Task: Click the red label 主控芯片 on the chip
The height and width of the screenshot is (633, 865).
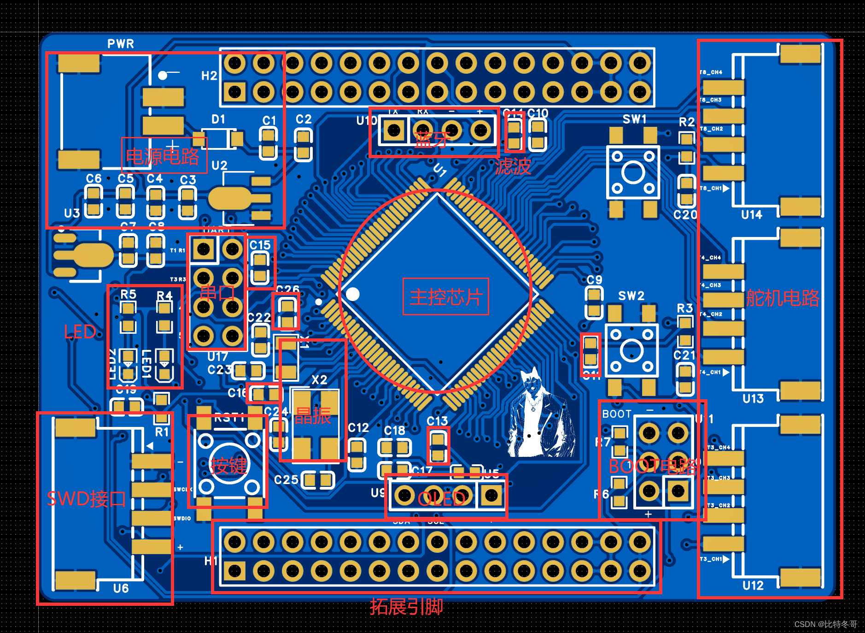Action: (x=445, y=296)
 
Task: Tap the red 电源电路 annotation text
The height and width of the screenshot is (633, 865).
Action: (x=163, y=156)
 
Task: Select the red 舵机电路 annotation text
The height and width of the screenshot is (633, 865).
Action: (x=783, y=298)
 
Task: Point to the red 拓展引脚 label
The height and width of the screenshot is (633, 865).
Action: (x=406, y=606)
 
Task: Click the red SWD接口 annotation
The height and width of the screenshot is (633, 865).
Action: (x=86, y=499)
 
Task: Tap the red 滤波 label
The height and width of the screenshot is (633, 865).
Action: (x=513, y=166)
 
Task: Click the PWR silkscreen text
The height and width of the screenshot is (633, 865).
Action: (x=121, y=44)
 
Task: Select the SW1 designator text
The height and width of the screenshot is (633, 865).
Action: (x=634, y=119)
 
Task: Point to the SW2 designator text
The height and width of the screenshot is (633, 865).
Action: (x=631, y=296)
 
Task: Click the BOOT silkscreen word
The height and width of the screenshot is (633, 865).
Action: (x=617, y=414)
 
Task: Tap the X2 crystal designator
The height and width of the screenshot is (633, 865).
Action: (x=319, y=380)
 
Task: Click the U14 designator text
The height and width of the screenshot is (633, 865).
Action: (x=751, y=215)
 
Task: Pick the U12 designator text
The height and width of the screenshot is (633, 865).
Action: (x=753, y=586)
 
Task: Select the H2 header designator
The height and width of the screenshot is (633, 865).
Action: (x=209, y=76)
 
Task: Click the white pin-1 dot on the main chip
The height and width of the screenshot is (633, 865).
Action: (x=353, y=294)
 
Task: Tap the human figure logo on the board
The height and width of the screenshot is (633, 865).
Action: (x=539, y=415)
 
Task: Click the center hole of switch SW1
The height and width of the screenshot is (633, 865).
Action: (x=633, y=173)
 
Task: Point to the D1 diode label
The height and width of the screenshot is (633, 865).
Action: (x=218, y=119)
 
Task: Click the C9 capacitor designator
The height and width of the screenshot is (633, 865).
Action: (x=594, y=280)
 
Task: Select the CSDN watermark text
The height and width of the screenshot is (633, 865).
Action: (x=825, y=624)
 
